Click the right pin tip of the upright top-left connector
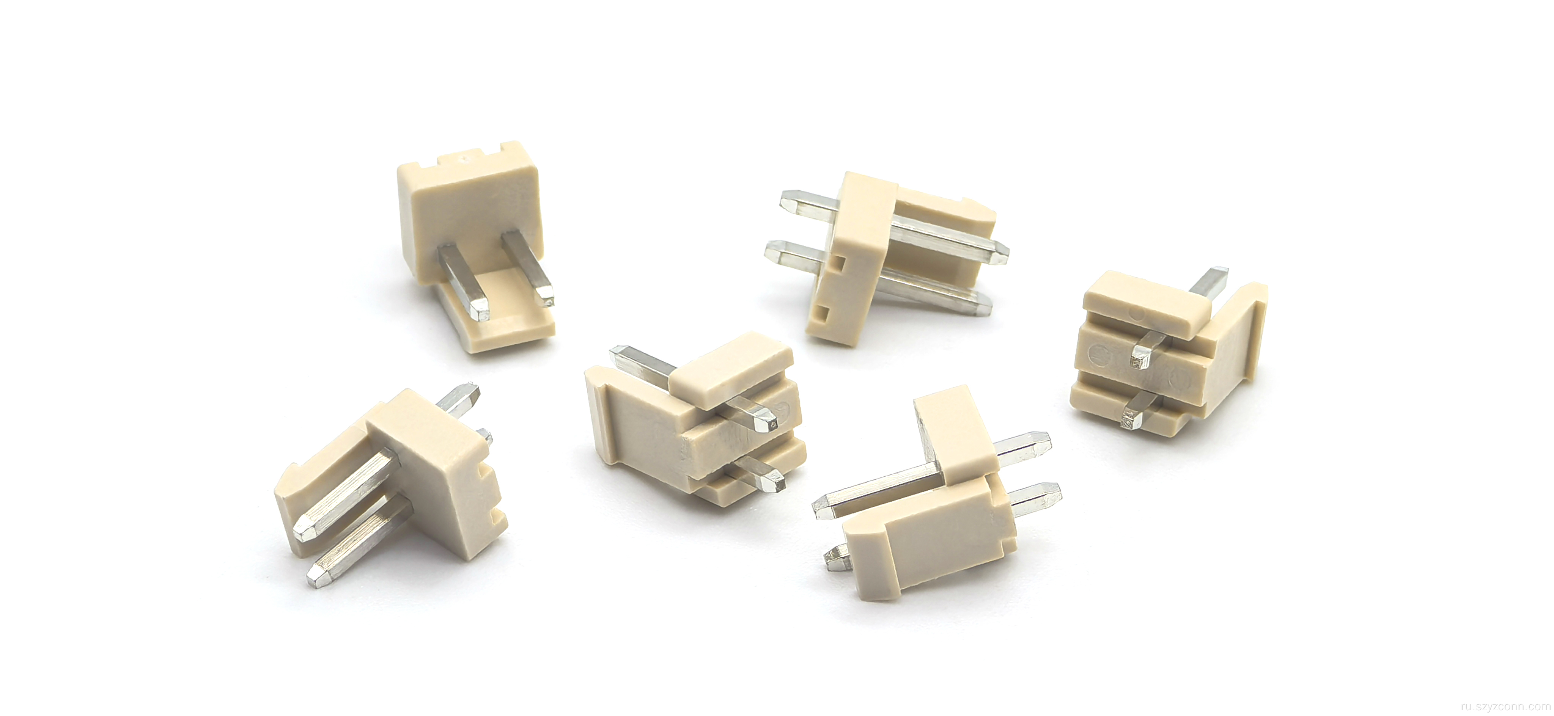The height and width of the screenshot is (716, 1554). pyautogui.click(x=545, y=294)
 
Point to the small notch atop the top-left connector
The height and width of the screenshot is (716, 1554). pyautogui.click(x=463, y=159)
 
